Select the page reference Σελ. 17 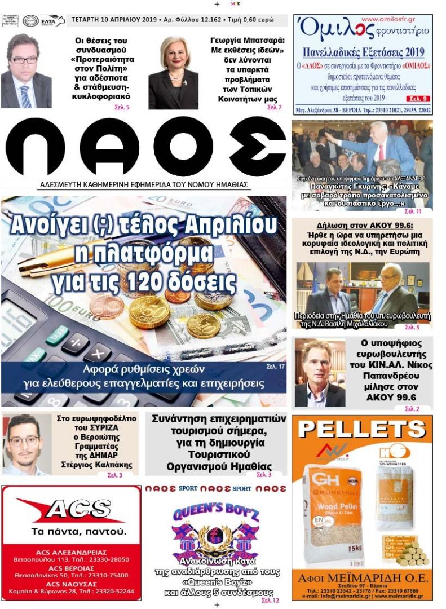pyautogui.click(x=276, y=367)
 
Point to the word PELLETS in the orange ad pyautogui.click(x=362, y=429)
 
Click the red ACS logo pyautogui.click(x=70, y=509)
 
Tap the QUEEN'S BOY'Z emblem pyautogui.click(x=215, y=530)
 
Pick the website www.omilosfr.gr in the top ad pyautogui.click(x=392, y=19)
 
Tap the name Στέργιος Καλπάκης pyautogui.click(x=96, y=465)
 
